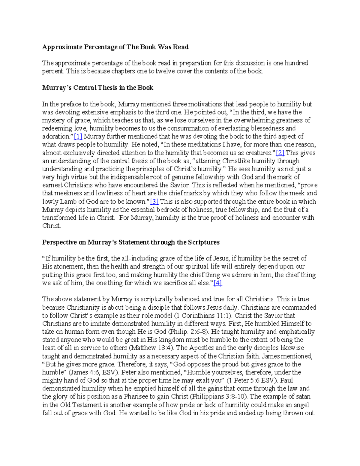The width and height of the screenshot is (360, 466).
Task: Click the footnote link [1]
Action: click(78, 137)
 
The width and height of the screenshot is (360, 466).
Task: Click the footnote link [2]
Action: click(280, 153)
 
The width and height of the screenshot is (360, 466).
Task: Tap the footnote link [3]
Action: click(154, 202)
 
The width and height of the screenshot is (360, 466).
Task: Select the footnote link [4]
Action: click(217, 283)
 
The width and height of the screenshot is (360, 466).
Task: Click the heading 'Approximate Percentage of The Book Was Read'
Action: click(115, 47)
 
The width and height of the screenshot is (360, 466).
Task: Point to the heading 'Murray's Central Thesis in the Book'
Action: click(97, 88)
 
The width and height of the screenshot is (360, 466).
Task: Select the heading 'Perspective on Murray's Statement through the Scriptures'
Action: click(131, 242)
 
